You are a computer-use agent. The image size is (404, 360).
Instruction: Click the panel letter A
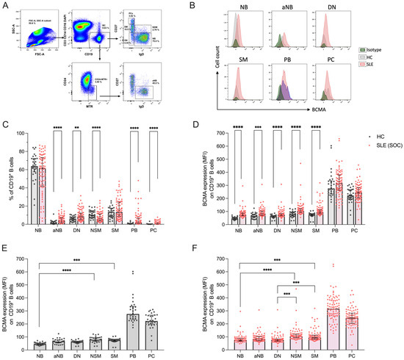coord(5,4)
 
